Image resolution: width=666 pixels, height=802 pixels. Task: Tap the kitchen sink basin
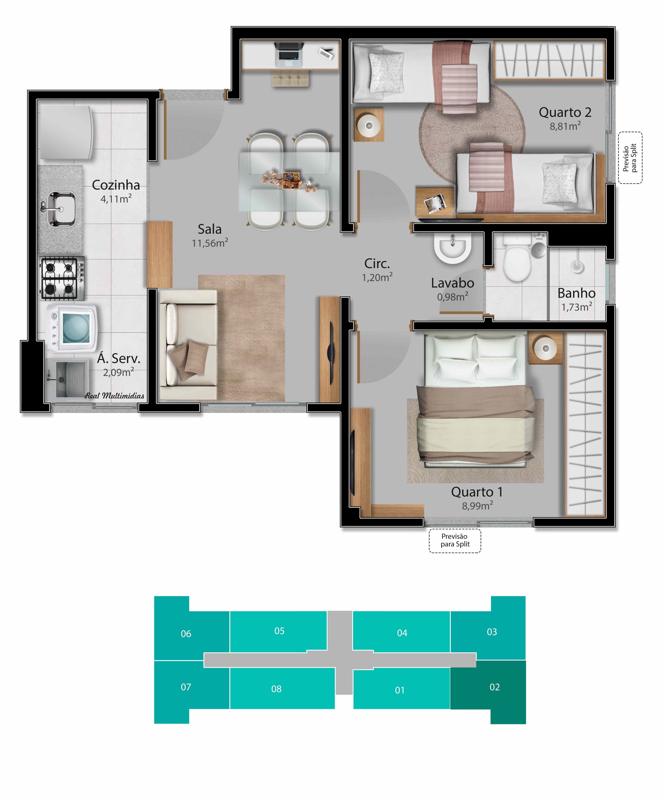[61, 209]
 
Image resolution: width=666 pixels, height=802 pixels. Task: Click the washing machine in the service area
[71, 328]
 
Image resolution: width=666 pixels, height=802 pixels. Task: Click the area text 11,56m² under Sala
[210, 243]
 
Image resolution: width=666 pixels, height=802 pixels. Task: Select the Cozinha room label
[116, 185]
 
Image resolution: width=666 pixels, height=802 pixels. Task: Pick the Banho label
[576, 293]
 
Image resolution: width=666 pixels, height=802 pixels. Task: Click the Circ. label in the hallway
[377, 263]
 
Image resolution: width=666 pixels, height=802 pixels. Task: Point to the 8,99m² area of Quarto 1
[478, 506]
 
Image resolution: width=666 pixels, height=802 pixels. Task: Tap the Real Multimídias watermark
[115, 396]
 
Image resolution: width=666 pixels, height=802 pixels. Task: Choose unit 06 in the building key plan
[186, 634]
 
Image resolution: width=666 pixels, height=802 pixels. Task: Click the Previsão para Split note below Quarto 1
[455, 540]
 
